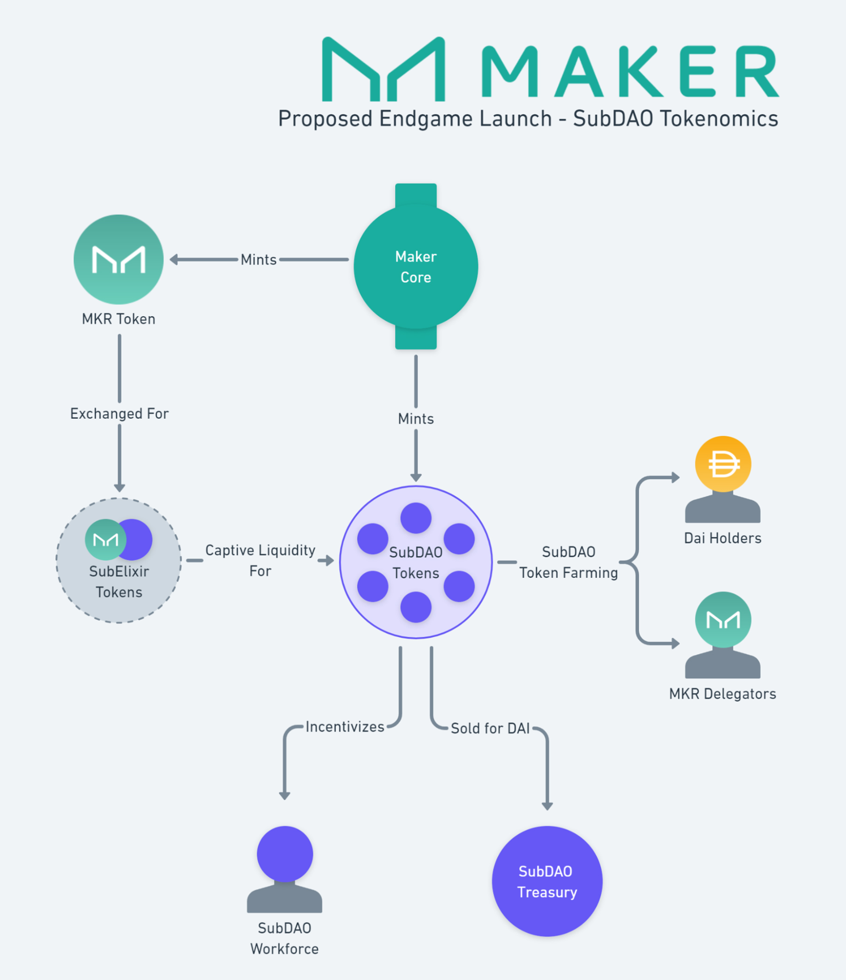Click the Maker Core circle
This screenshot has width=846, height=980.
415,267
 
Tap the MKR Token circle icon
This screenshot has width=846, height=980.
118,260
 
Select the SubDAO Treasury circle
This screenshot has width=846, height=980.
547,881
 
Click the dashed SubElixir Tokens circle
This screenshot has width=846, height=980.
118,560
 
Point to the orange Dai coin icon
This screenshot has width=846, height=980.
723,464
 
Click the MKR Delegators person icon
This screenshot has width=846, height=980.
723,636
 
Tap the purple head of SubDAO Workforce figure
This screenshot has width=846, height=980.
284,854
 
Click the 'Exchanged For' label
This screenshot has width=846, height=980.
119,414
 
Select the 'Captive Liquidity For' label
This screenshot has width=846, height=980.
260,560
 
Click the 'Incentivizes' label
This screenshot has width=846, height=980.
345,727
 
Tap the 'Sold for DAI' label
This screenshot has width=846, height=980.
490,728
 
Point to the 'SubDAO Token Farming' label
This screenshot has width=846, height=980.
569,562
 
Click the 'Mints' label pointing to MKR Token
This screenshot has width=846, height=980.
258,260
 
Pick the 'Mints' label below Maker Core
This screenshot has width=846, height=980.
415,419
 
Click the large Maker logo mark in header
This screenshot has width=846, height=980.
384,70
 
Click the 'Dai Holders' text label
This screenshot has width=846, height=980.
723,538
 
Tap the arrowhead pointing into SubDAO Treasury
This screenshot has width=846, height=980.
547,806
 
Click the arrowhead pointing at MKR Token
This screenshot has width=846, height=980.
174,260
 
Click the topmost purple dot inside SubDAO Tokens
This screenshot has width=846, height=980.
415,518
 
